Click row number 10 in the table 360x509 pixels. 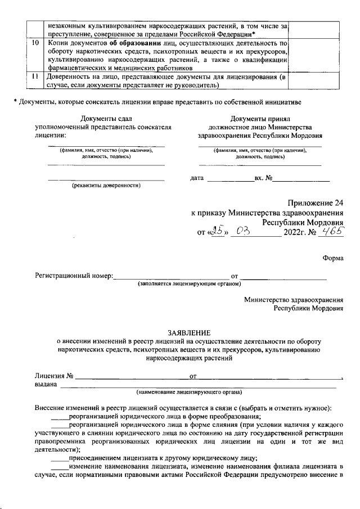point(35,42)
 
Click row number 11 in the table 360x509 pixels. point(35,76)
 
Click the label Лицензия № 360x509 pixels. point(55,375)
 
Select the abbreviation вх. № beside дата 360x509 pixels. point(263,178)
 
